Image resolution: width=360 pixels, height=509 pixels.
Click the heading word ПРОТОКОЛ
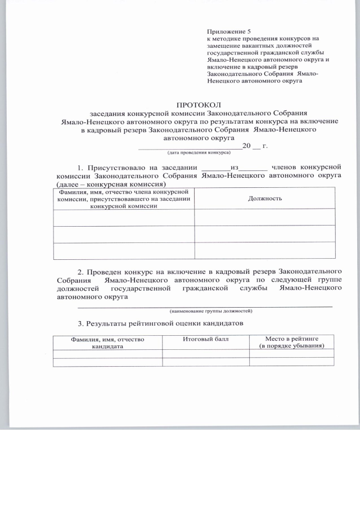199,105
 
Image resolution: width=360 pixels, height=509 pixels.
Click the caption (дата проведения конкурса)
197,152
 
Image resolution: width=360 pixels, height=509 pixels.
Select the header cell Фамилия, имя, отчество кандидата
107,343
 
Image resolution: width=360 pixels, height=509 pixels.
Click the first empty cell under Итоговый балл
206,353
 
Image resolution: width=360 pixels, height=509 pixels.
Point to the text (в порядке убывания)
292,346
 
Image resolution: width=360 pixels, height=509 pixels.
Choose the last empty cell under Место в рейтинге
292,362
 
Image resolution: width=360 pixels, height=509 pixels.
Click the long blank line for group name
205,305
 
